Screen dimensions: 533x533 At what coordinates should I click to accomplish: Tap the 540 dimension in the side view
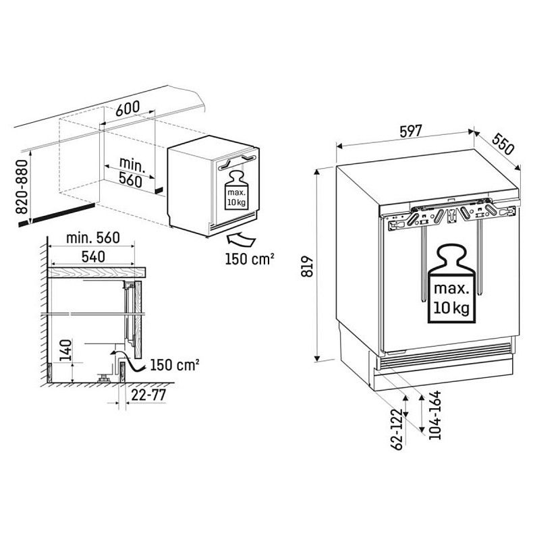93,256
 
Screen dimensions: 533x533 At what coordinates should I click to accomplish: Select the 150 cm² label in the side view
173,365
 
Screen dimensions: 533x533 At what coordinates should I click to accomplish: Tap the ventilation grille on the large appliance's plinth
444,356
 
